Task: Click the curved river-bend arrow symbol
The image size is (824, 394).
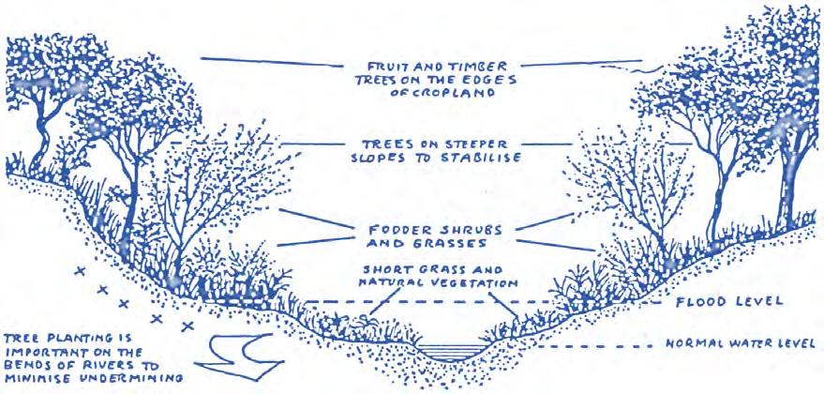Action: [x=238, y=354]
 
